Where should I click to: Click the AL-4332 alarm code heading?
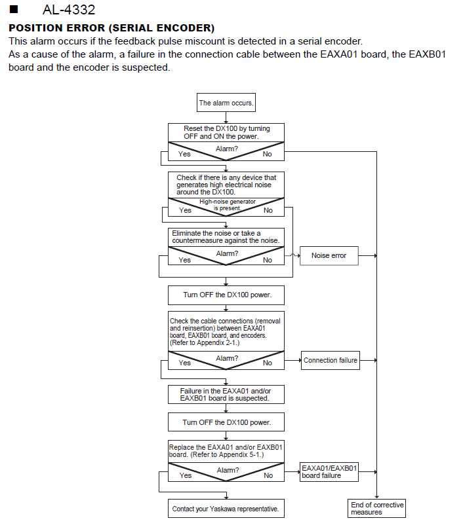coord(69,10)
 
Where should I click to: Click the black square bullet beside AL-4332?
coord(14,9)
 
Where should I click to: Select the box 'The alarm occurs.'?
coord(226,103)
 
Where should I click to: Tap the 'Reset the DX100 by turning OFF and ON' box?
coord(226,133)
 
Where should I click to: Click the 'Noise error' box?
coord(329,256)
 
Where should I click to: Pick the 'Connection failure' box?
coord(330,360)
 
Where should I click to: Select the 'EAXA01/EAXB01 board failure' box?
coord(329,472)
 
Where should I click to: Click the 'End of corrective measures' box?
coord(377,509)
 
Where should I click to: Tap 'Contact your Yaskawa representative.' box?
coord(226,509)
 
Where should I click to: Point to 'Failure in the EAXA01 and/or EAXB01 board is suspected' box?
coord(226,394)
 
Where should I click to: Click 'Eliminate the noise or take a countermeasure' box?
coord(226,237)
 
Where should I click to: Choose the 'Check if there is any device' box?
coord(226,185)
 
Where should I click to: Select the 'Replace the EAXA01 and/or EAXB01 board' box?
coord(226,451)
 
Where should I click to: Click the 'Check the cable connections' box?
coord(226,331)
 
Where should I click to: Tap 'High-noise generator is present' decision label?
coord(228,205)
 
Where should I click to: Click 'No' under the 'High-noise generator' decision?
coord(268,210)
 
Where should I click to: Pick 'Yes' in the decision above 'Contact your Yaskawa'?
coord(186,475)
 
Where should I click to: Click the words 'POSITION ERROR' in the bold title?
coord(57,28)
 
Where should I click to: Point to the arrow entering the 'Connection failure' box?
coord(292,360)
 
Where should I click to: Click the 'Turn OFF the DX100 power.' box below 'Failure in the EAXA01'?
coord(226,422)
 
